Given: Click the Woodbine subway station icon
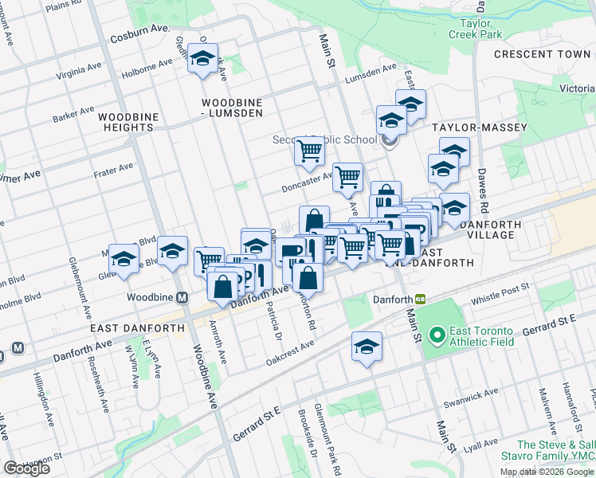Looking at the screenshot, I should point(182,298).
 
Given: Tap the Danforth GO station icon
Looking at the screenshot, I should point(420,300).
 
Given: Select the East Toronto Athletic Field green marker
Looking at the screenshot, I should point(436,335).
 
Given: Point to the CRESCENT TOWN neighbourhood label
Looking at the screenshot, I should point(542,54).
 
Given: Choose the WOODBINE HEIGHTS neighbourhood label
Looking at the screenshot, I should point(126,122).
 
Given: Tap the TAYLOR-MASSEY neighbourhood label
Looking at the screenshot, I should point(469,127).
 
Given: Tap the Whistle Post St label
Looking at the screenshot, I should point(500,296).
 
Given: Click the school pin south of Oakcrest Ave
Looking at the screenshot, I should point(367,347).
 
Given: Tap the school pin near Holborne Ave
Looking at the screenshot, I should point(203,59).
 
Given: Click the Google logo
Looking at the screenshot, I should point(26,468).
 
